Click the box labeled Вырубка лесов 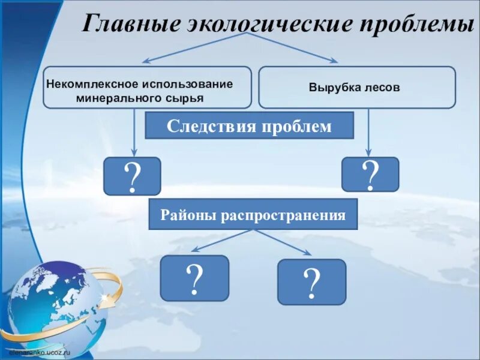356,88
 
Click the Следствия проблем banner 249,126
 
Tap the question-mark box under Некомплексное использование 132,176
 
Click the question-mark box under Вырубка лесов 370,175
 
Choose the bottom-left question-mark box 194,278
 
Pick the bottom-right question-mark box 311,282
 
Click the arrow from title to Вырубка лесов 294,47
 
